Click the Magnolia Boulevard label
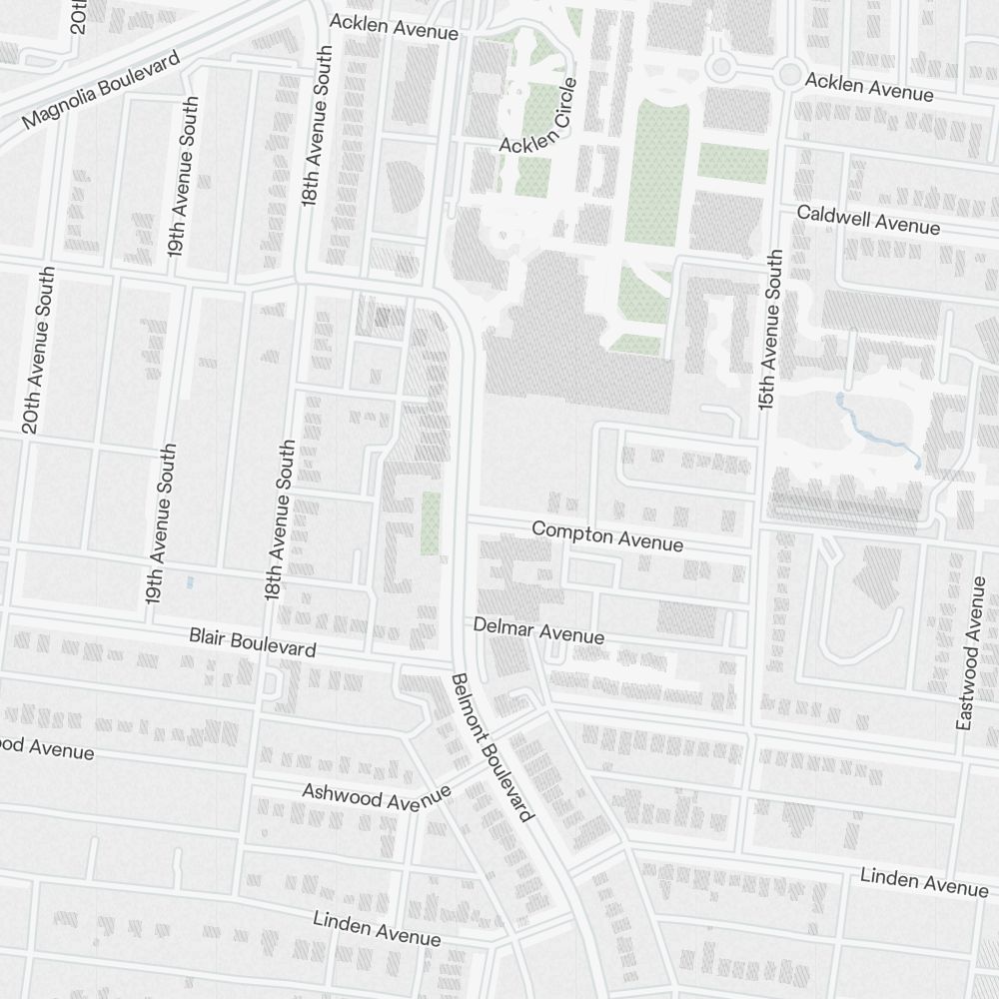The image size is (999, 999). pyautogui.click(x=101, y=90)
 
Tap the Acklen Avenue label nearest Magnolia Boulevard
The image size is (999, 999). pyautogui.click(x=394, y=27)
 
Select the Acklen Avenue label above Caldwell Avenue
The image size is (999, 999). pyautogui.click(x=869, y=87)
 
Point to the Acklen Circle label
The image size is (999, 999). pyautogui.click(x=538, y=117)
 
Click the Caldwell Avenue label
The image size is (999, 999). pyautogui.click(x=868, y=220)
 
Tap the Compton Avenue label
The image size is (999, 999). pyautogui.click(x=607, y=536)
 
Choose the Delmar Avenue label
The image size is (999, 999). pyautogui.click(x=538, y=630)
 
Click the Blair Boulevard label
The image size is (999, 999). pyautogui.click(x=253, y=641)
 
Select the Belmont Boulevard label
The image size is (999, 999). pyautogui.click(x=491, y=747)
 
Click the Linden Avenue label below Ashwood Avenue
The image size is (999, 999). pyautogui.click(x=377, y=928)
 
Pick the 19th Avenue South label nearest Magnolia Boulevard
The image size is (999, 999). pyautogui.click(x=184, y=177)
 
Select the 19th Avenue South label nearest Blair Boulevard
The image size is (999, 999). pyautogui.click(x=162, y=523)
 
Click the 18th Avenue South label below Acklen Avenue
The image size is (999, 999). pyautogui.click(x=317, y=126)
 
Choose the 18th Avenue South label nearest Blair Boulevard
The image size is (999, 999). pyautogui.click(x=281, y=519)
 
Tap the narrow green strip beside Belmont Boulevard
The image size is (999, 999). pyautogui.click(x=431, y=522)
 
